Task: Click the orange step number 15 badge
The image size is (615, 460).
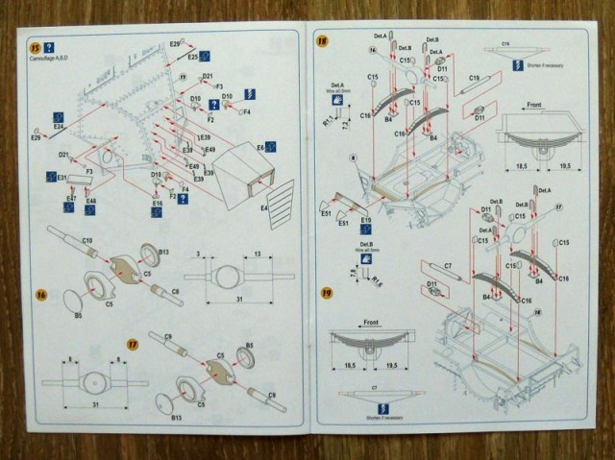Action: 36,47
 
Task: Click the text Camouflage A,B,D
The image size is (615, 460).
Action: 56,61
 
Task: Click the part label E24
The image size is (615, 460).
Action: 59,126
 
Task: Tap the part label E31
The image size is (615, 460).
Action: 51,178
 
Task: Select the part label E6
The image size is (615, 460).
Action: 259,147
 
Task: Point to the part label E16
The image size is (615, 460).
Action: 157,204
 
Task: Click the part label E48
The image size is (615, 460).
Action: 90,202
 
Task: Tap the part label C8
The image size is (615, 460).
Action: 175,289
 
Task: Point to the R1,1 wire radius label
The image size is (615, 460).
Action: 326,123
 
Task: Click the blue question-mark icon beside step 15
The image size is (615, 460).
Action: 49,47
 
